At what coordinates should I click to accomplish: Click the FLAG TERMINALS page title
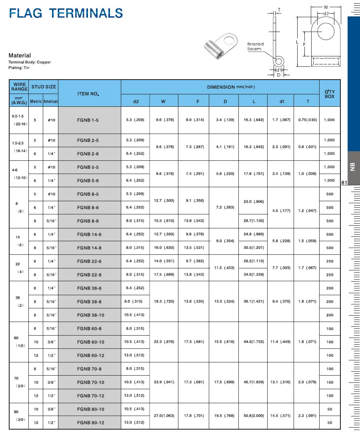coord(66,13)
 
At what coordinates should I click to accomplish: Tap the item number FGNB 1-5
coord(90,120)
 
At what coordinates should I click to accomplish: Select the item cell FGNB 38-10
coord(90,315)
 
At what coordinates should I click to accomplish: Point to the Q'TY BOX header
coord(330,94)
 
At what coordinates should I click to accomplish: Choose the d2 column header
coord(136,102)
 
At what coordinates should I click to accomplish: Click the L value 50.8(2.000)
coord(254,416)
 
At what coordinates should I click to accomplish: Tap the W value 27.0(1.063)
coord(164,416)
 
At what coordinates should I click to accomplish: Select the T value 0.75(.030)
coord(308,120)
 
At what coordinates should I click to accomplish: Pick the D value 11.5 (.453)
coord(225,268)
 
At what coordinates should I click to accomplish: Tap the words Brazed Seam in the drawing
coord(255,46)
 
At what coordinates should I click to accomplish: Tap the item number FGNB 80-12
coord(90,423)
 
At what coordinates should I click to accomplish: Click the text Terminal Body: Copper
coord(30,62)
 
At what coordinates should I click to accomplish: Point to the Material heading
coord(20,56)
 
